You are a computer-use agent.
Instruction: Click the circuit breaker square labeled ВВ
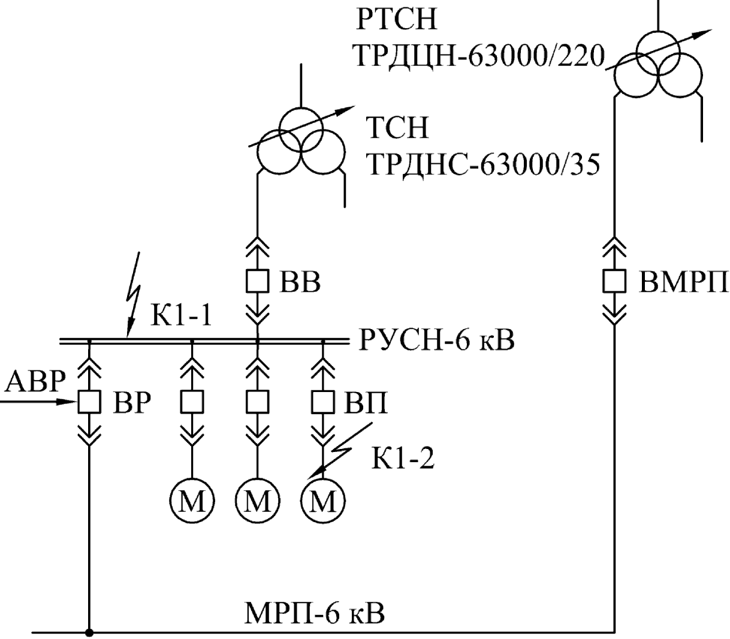(257, 281)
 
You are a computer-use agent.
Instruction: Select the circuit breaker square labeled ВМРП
(614, 281)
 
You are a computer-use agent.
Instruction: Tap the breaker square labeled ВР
(89, 402)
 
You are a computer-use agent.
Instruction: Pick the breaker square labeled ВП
(323, 402)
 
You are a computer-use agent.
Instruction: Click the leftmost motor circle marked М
(192, 501)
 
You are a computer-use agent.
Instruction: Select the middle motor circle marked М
(258, 501)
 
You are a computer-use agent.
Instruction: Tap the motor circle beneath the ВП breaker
(323, 501)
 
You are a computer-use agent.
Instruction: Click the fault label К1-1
(181, 316)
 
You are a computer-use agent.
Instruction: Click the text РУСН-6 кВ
(437, 340)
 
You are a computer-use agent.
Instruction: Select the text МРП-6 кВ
(315, 612)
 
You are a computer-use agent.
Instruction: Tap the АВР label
(36, 381)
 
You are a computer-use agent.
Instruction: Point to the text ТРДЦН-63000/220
(479, 56)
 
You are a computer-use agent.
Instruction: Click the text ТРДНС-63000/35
(484, 164)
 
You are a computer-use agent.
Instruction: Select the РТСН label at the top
(397, 19)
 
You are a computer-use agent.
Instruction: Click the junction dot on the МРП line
(89, 633)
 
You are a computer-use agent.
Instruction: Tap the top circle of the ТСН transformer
(301, 128)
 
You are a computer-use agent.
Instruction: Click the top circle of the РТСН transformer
(658, 52)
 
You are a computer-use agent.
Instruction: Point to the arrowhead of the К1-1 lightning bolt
(129, 335)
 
